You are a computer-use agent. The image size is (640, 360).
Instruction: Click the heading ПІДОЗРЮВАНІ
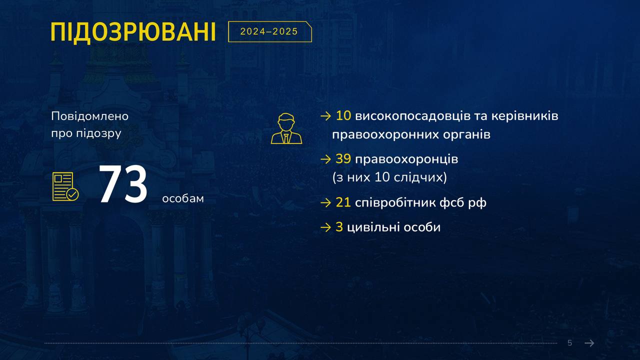(133, 32)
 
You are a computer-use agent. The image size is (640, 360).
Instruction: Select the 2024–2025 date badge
(269, 31)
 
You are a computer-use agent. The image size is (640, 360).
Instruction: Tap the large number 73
(123, 184)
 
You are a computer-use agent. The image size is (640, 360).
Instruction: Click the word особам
(183, 198)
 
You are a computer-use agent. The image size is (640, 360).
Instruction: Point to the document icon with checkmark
(65, 186)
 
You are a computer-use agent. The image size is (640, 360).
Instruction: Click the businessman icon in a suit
(286, 128)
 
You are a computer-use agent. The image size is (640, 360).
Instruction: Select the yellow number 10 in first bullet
(343, 115)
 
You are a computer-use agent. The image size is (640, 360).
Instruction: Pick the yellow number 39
(343, 158)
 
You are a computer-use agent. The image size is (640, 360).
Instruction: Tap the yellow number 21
(343, 202)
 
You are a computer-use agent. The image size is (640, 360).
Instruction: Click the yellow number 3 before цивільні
(339, 227)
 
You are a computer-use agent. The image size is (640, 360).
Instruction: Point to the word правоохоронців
(406, 159)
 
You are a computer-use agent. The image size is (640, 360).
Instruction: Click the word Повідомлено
(89, 116)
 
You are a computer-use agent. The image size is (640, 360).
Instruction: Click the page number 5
(569, 343)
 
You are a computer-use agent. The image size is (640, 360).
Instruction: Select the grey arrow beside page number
(589, 343)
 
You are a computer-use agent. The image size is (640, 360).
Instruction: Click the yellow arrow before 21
(325, 203)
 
